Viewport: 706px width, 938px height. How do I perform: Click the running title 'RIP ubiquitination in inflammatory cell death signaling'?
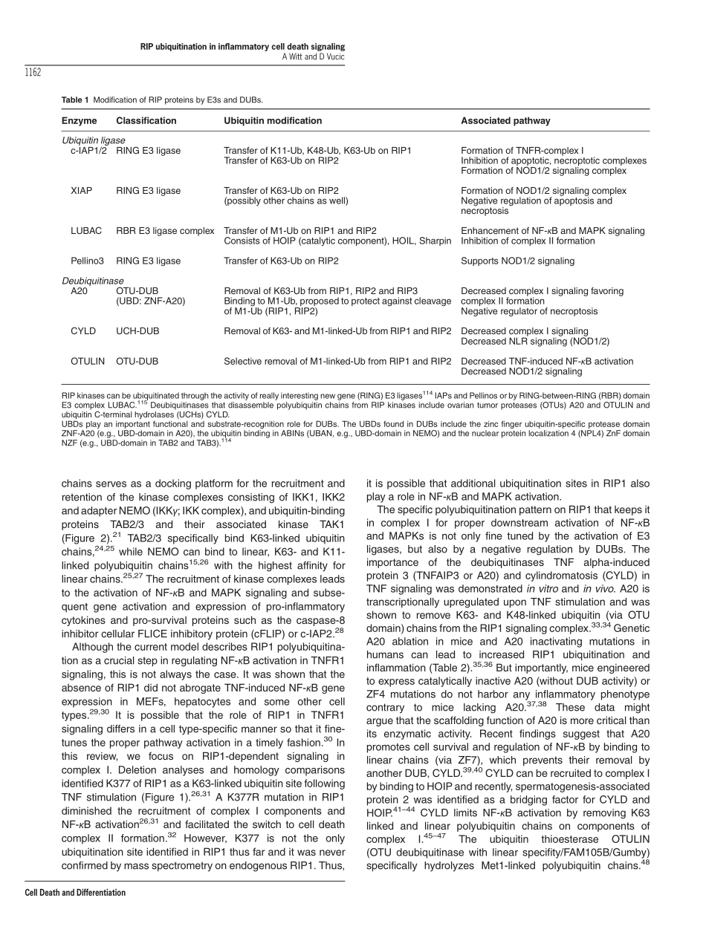pyautogui.click(x=242, y=47)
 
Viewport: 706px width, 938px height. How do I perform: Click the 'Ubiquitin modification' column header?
pyautogui.click(x=273, y=121)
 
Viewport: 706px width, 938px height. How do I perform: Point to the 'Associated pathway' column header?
pyautogui.click(x=505, y=121)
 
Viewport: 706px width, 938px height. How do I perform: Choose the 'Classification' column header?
pyautogui.click(x=146, y=121)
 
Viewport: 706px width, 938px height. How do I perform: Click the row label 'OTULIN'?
pyautogui.click(x=88, y=362)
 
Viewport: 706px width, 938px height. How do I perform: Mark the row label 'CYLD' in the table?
pyautogui.click(x=83, y=331)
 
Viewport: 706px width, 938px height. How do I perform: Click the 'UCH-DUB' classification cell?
pyautogui.click(x=137, y=331)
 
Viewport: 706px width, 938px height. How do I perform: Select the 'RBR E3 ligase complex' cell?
pyautogui.click(x=165, y=231)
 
